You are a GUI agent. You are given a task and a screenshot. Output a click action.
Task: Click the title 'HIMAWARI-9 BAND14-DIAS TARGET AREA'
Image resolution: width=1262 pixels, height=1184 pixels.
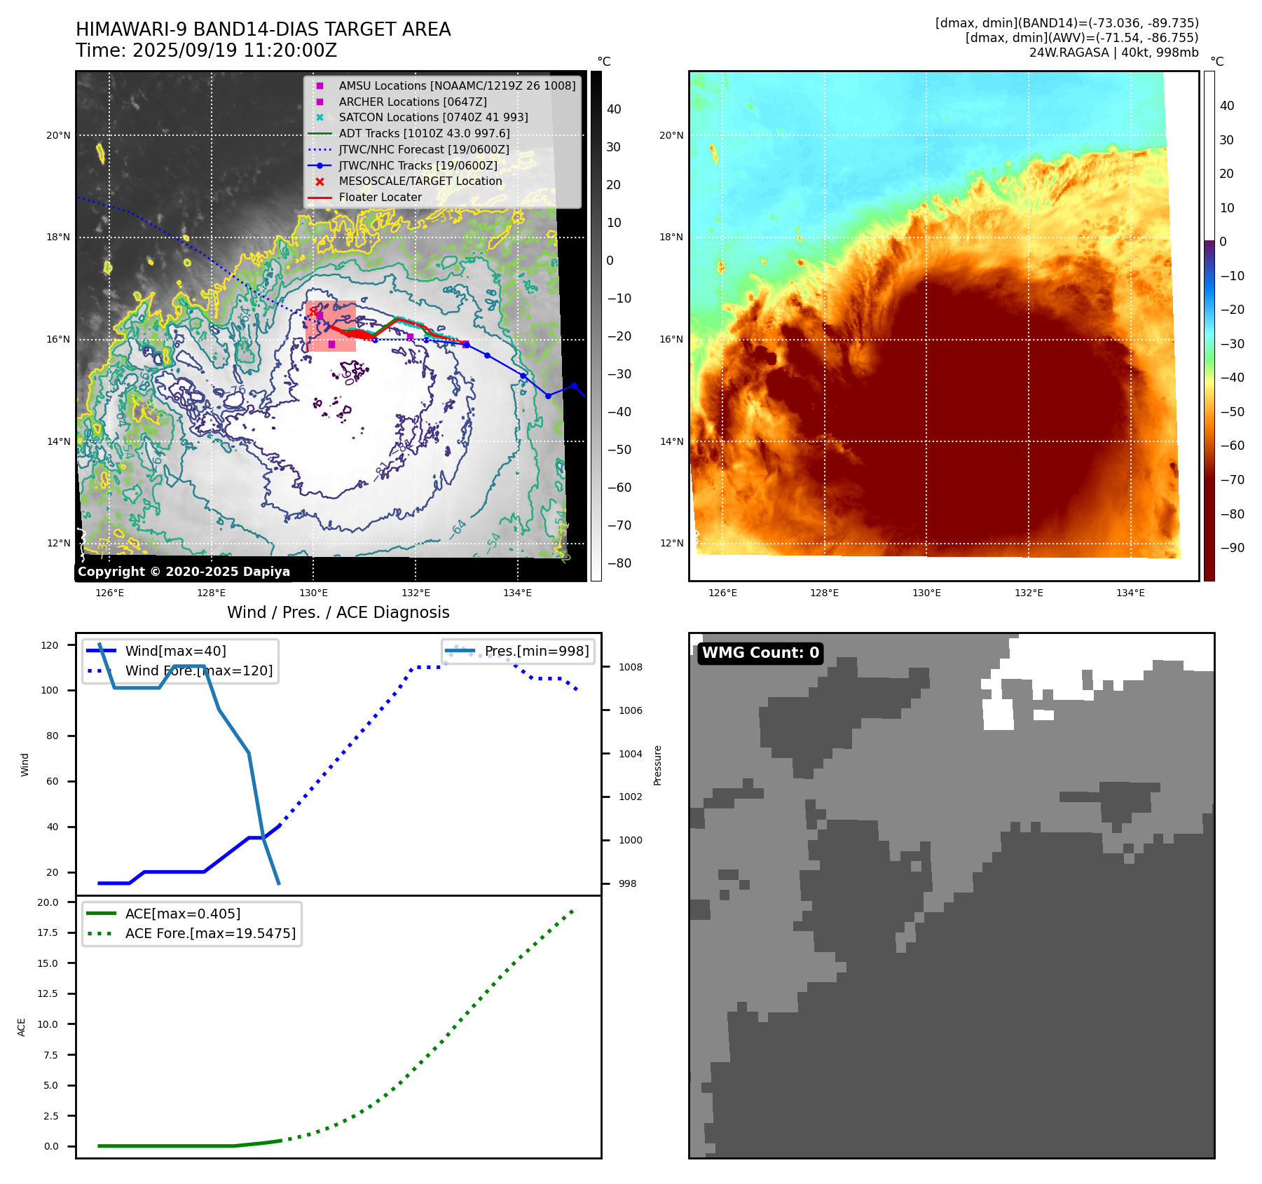point(263,29)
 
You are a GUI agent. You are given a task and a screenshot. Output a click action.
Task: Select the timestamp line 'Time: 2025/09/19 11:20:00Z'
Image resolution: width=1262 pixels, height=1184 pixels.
point(206,50)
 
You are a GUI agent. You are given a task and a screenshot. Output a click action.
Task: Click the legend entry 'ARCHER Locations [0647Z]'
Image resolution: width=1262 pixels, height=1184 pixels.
point(412,102)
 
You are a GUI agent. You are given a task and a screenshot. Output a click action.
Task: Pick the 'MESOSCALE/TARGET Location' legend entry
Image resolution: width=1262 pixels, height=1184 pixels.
point(420,181)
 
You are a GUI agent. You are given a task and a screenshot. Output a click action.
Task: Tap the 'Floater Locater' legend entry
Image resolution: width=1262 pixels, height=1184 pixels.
point(380,197)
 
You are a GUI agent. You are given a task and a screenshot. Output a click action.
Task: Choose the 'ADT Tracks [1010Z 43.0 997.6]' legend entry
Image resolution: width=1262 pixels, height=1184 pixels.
point(424,133)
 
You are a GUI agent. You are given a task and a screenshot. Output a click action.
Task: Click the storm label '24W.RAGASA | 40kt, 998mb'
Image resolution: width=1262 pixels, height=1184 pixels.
point(1113,53)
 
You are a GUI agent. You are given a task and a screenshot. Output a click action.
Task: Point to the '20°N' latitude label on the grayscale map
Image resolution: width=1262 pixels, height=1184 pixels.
point(58,135)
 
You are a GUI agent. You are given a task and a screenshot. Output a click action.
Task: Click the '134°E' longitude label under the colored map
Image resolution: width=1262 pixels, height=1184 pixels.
point(1130,593)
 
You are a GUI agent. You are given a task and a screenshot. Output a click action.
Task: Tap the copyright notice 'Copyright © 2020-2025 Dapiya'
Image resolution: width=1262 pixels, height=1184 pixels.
point(184,572)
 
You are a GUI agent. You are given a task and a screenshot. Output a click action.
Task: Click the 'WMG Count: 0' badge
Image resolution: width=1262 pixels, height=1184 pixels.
point(760,653)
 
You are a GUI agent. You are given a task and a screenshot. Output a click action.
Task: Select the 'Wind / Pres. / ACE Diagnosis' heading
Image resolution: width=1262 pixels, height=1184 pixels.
point(338,612)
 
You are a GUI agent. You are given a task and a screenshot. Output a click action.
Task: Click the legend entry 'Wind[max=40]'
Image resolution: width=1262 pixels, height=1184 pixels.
point(175,651)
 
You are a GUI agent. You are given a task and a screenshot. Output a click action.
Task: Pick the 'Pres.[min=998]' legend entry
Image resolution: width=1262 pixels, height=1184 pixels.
point(536,651)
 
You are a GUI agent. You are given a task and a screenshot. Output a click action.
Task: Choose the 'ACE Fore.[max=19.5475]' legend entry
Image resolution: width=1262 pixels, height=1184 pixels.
point(210,933)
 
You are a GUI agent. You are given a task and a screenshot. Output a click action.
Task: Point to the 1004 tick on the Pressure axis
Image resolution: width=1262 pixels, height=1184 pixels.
point(630,754)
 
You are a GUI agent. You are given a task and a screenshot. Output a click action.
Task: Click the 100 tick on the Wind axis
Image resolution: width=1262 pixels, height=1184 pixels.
point(50,690)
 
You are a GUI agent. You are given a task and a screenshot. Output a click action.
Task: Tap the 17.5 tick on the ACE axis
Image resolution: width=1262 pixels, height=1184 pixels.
point(48,932)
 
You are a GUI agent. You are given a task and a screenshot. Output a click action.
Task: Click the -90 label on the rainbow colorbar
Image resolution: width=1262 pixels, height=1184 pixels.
point(1232,548)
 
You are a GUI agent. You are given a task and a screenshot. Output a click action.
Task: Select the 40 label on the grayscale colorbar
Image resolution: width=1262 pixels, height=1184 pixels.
point(614,109)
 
